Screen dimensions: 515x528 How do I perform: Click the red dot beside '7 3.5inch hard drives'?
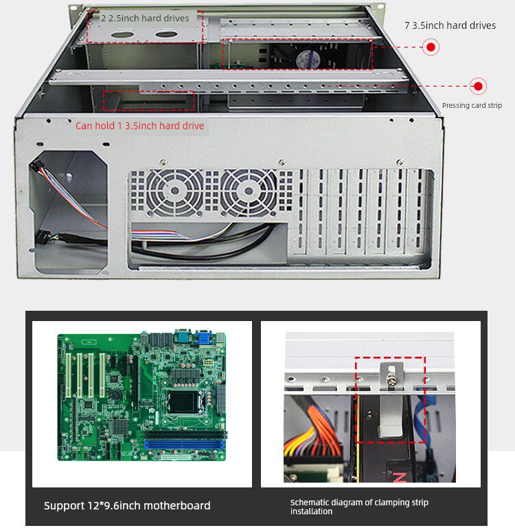431,47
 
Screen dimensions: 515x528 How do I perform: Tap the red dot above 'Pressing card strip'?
479,87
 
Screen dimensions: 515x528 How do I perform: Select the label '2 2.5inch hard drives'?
145,18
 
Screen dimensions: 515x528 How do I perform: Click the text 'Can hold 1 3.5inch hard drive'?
139,126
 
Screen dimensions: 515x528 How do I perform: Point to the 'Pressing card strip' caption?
472,105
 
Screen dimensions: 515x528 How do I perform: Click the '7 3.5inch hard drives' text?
450,25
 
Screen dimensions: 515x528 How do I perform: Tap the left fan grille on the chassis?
176,192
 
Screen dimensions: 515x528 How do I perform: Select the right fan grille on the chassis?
249,192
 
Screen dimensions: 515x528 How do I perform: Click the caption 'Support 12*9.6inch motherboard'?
127,506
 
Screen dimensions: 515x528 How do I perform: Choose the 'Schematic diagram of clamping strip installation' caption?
359,507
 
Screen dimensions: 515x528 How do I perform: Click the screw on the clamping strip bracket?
389,376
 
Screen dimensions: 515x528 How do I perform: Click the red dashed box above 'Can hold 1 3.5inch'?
148,100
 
